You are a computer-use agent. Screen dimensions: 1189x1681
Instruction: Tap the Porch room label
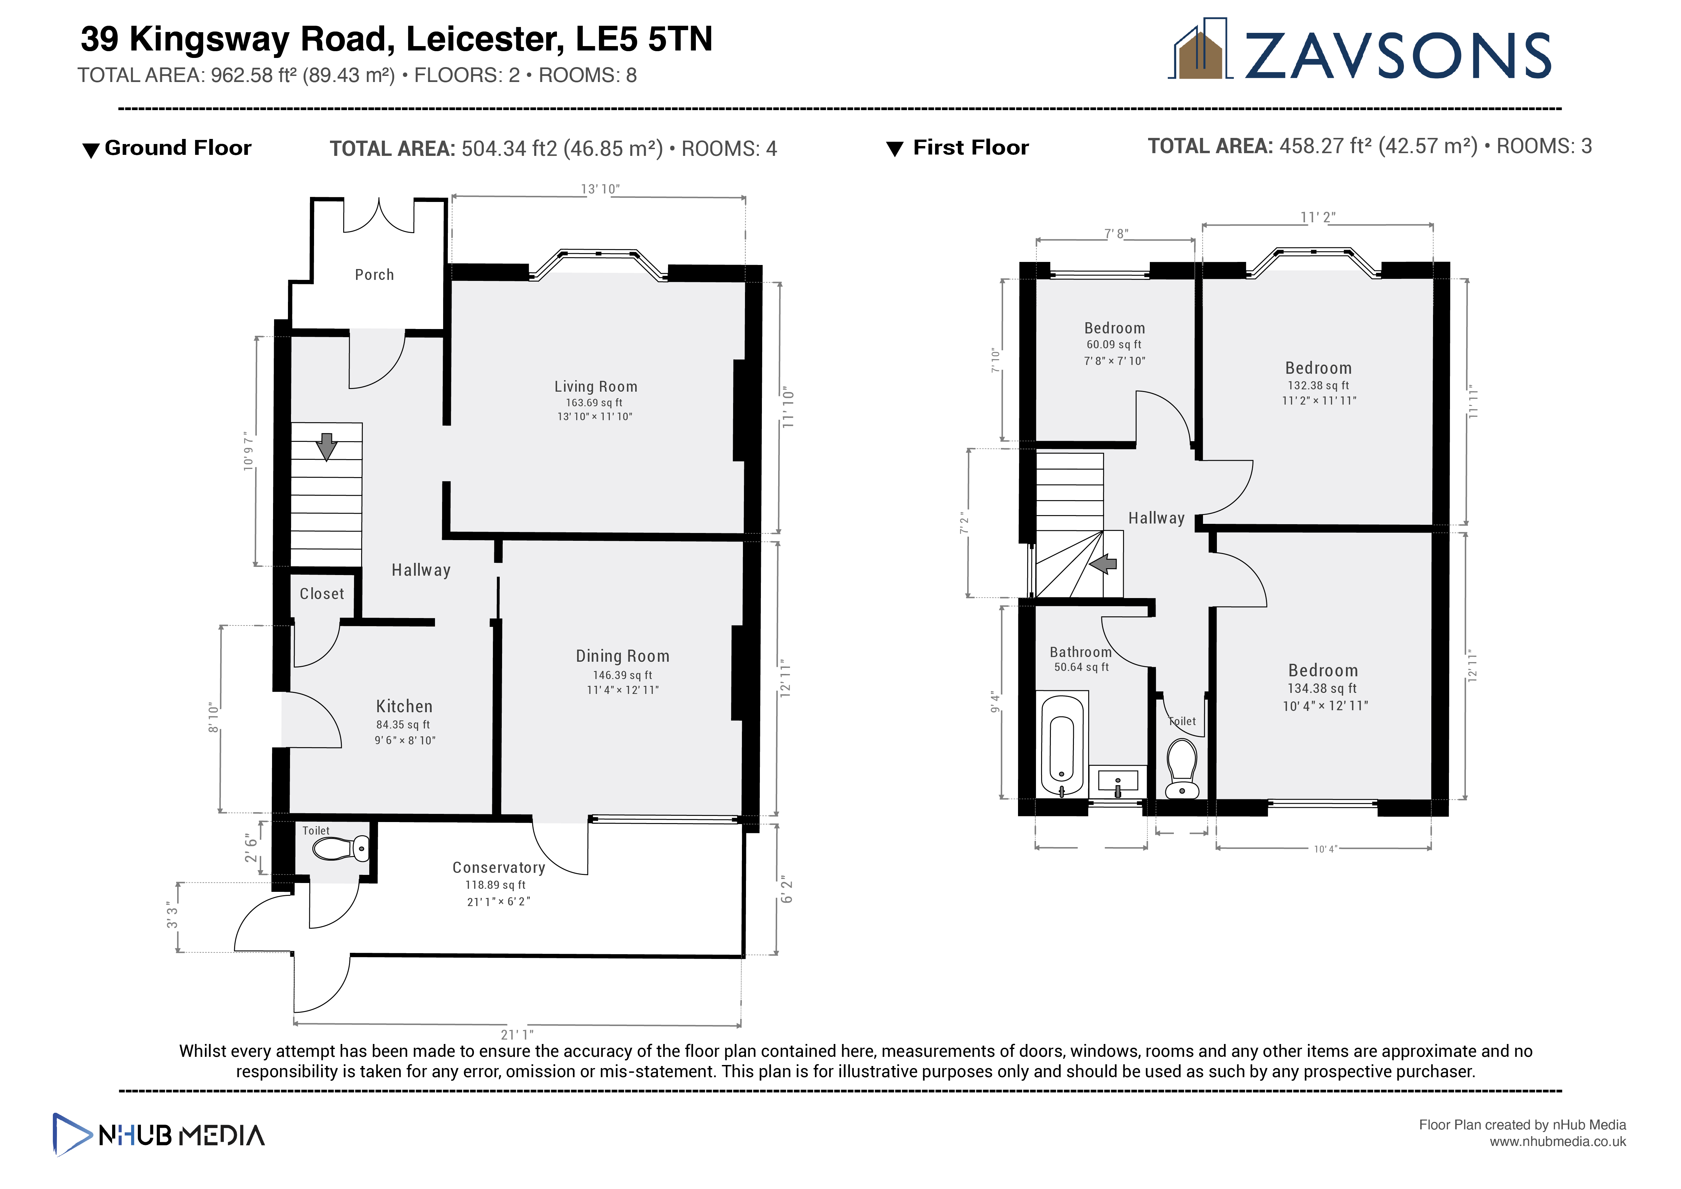374,274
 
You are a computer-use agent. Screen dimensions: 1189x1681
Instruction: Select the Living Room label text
595,387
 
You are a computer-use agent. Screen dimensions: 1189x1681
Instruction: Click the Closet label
321,594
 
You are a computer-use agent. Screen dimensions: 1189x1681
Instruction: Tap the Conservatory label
499,867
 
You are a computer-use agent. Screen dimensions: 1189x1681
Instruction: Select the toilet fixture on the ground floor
340,848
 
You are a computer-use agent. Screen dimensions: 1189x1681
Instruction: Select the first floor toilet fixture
1182,769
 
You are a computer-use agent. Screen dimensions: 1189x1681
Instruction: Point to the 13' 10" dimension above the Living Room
600,189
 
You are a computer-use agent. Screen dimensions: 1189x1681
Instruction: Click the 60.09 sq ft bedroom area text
1114,345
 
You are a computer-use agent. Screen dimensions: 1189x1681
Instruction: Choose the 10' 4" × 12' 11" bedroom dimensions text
1325,706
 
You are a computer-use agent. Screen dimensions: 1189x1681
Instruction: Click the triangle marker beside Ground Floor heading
91,150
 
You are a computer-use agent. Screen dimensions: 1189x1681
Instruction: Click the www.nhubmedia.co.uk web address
1557,1142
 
